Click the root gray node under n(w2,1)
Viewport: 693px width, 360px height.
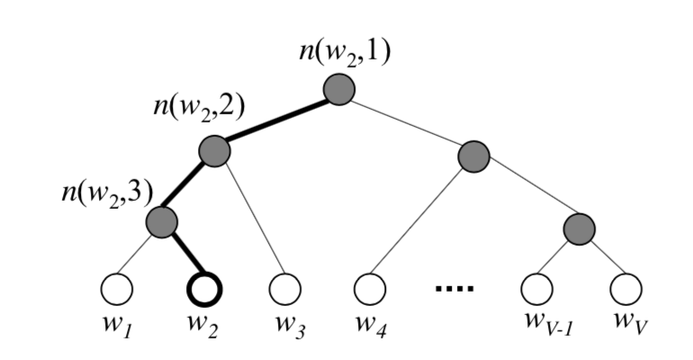click(x=339, y=90)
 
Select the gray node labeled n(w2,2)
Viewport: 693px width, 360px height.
click(x=214, y=151)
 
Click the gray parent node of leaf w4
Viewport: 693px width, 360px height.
click(x=473, y=157)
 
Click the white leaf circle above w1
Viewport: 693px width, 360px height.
click(x=117, y=289)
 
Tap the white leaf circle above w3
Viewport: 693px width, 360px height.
click(x=286, y=289)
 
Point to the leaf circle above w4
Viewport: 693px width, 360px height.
click(x=369, y=289)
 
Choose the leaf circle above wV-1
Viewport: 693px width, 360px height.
click(x=539, y=289)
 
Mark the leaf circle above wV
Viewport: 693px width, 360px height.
click(x=625, y=289)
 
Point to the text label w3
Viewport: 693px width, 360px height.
click(x=290, y=325)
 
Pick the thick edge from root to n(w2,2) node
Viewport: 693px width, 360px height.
click(x=276, y=121)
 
